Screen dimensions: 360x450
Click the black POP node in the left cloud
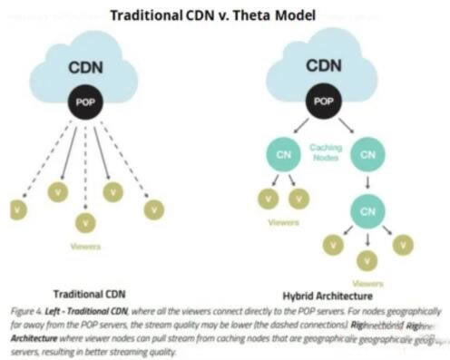click(85, 103)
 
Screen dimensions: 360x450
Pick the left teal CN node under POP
click(282, 154)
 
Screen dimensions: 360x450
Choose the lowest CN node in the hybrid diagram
click(367, 210)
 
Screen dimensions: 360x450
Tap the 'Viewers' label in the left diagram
click(87, 246)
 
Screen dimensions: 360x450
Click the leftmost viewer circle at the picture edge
click(16, 209)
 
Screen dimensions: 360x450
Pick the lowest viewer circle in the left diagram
click(85, 221)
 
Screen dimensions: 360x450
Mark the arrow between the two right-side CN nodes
click(367, 182)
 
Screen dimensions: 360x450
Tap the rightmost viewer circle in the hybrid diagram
click(402, 244)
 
